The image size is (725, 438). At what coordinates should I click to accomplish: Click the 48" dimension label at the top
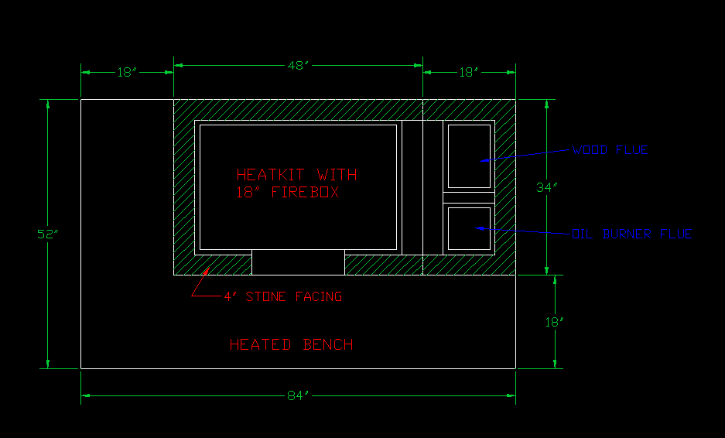tap(298, 67)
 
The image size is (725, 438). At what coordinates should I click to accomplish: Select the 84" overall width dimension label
tap(298, 395)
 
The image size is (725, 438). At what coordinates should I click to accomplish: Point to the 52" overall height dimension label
tap(48, 234)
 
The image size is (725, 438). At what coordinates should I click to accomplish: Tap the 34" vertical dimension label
tap(548, 187)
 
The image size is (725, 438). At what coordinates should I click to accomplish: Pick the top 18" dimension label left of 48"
tap(127, 72)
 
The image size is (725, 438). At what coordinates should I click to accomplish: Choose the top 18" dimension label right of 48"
tap(469, 72)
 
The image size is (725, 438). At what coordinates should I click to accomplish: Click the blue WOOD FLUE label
tap(610, 150)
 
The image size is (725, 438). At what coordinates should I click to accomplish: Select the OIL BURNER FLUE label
tap(631, 233)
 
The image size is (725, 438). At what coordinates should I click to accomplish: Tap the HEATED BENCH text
tap(292, 344)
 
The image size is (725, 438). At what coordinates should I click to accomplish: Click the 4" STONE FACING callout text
tap(282, 296)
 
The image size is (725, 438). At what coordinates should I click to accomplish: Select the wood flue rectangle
tap(470, 156)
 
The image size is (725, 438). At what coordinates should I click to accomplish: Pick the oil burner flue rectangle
tap(470, 228)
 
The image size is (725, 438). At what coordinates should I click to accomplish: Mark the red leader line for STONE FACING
tap(202, 284)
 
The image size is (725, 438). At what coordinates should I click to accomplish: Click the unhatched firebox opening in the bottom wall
tap(298, 263)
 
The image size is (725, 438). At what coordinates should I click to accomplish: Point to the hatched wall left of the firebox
tap(183, 186)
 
